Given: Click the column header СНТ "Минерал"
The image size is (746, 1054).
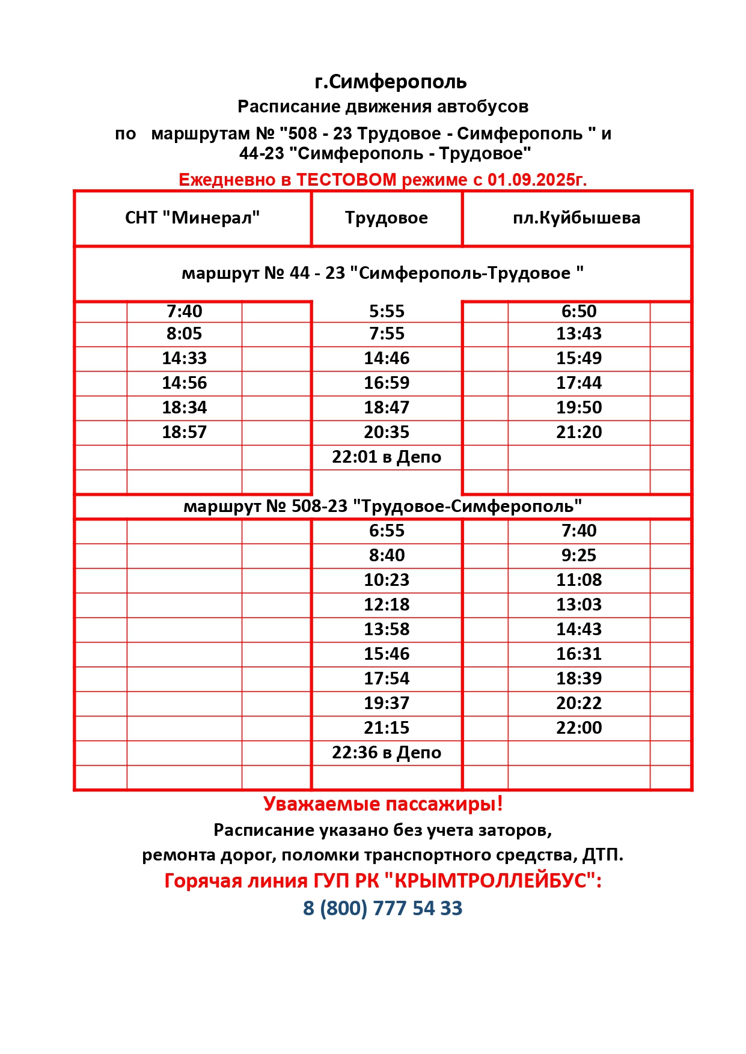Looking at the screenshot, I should tap(192, 218).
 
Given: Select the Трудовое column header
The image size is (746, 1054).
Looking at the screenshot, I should tap(387, 218).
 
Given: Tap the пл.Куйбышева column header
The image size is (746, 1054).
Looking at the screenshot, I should tap(576, 218).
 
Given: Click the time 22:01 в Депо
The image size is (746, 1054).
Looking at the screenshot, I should tap(387, 457).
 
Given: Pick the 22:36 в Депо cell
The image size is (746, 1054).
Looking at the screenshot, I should tap(387, 752).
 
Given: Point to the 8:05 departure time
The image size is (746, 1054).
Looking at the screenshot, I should tap(185, 334).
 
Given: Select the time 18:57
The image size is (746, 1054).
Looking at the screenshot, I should tap(185, 432).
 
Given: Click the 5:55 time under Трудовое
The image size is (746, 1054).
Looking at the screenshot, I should tap(387, 311).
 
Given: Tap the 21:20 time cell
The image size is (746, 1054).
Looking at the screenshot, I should tap(579, 432).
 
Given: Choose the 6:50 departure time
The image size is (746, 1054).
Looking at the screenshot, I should tap(579, 311).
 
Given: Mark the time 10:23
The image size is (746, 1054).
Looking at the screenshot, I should tap(387, 580).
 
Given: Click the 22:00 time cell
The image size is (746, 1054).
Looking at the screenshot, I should tap(579, 728).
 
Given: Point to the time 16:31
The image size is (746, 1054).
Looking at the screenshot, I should tap(579, 654).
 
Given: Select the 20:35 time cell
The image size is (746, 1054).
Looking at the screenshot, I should tap(387, 432).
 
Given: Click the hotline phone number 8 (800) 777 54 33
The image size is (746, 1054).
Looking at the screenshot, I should tap(383, 908).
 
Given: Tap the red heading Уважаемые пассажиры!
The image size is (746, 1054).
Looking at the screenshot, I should tap(383, 804).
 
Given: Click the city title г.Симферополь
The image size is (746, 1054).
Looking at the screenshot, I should tap(391, 82).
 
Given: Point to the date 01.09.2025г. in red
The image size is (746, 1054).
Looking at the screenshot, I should tap(537, 180).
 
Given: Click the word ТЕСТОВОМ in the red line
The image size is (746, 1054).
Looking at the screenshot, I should tap(346, 180).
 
